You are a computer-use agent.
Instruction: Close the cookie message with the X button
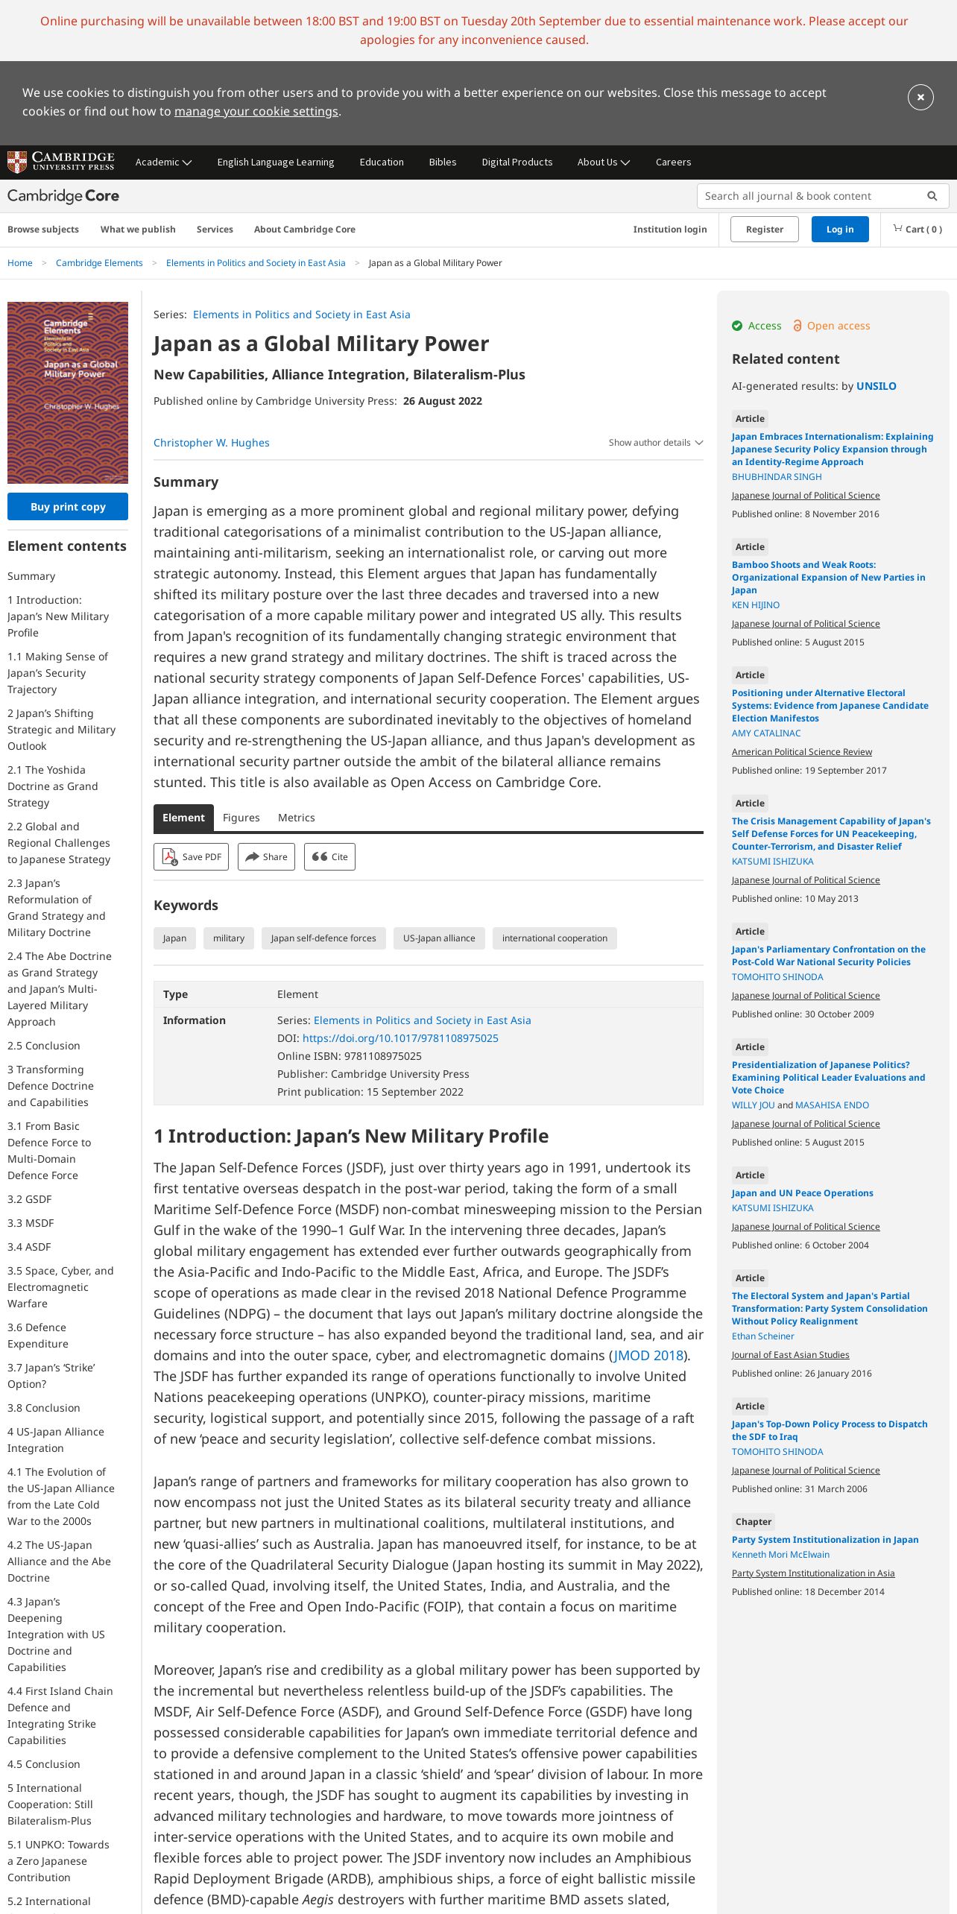[920, 97]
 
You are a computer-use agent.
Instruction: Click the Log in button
[839, 230]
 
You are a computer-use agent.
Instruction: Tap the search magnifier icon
[932, 196]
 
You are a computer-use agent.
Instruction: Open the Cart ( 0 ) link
[917, 230]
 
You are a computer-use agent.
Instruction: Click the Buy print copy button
[68, 507]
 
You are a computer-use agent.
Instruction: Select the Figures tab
[241, 818]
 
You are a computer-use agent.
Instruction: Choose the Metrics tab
[297, 818]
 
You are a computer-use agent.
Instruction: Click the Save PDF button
[192, 857]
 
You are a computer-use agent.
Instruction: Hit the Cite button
[330, 857]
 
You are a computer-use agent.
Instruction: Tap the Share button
[266, 857]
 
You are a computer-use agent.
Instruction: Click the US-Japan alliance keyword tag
[439, 938]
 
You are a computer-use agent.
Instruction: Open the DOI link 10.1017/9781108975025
[400, 1038]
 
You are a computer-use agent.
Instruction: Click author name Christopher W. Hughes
[212, 443]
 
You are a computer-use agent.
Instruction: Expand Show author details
[655, 443]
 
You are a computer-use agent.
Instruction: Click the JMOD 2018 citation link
[648, 1356]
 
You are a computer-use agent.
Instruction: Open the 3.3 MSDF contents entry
[31, 1223]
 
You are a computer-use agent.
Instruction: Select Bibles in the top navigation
[443, 162]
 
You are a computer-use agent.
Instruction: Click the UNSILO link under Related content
[876, 386]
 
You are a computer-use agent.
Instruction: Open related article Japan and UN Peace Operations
[802, 1193]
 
